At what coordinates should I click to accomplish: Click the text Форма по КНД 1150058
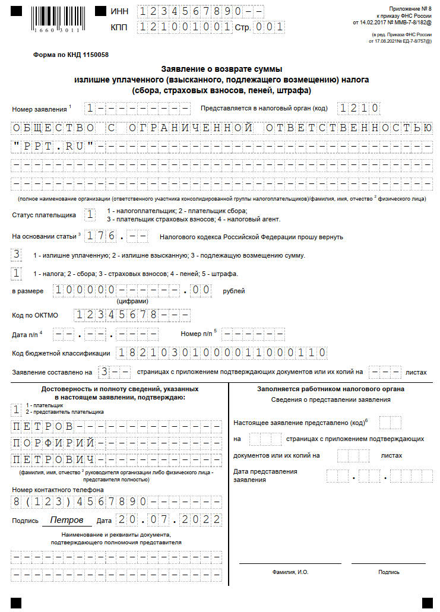click(x=71, y=55)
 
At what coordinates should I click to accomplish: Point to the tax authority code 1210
click(x=359, y=109)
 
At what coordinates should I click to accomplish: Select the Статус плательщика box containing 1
click(x=90, y=214)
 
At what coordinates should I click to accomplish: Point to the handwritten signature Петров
click(x=67, y=520)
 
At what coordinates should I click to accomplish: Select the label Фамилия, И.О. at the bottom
click(x=290, y=572)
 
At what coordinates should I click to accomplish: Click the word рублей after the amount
click(x=234, y=291)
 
